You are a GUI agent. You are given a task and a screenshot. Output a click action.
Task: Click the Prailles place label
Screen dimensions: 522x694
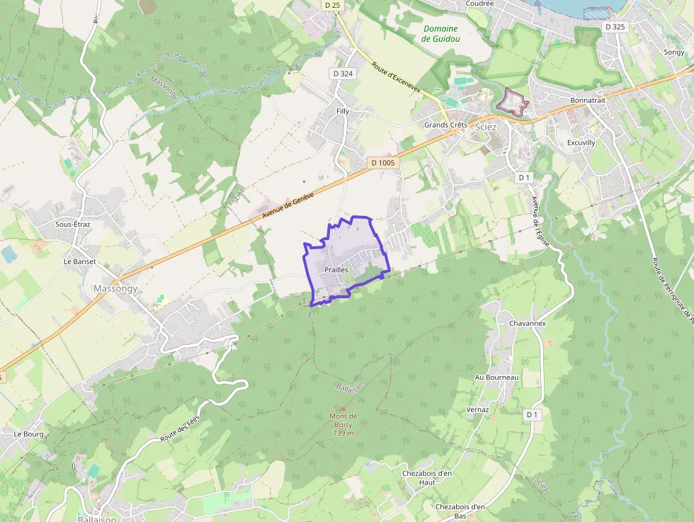tap(336, 270)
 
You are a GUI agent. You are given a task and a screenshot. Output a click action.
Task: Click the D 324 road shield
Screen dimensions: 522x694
tap(342, 74)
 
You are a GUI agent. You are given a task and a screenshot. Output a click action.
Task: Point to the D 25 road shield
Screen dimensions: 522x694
tap(332, 5)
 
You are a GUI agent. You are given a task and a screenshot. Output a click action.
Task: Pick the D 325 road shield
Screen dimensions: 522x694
tap(615, 27)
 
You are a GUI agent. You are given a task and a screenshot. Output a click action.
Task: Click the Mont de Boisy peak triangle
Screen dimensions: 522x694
tap(343, 408)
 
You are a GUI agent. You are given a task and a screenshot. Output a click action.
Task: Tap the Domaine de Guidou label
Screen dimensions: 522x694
tap(440, 33)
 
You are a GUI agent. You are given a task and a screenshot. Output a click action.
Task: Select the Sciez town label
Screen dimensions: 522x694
tap(487, 125)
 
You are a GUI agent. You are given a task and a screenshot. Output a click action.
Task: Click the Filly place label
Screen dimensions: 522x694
tap(343, 112)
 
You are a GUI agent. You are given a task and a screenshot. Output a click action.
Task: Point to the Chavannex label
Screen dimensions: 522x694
tap(527, 323)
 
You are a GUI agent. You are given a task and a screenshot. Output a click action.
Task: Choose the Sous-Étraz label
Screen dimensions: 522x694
tap(72, 224)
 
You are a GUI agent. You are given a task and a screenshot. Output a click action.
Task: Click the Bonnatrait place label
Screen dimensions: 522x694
tap(588, 101)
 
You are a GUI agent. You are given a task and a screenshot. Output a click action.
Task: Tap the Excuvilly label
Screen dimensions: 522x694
tap(581, 142)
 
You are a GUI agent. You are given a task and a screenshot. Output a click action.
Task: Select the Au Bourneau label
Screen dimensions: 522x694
tap(497, 378)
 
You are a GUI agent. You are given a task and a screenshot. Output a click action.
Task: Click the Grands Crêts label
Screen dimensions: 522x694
tap(445, 125)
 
